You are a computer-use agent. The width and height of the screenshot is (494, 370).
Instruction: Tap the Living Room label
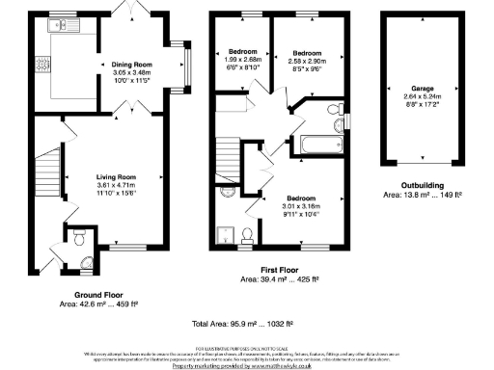(x=115, y=177)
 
